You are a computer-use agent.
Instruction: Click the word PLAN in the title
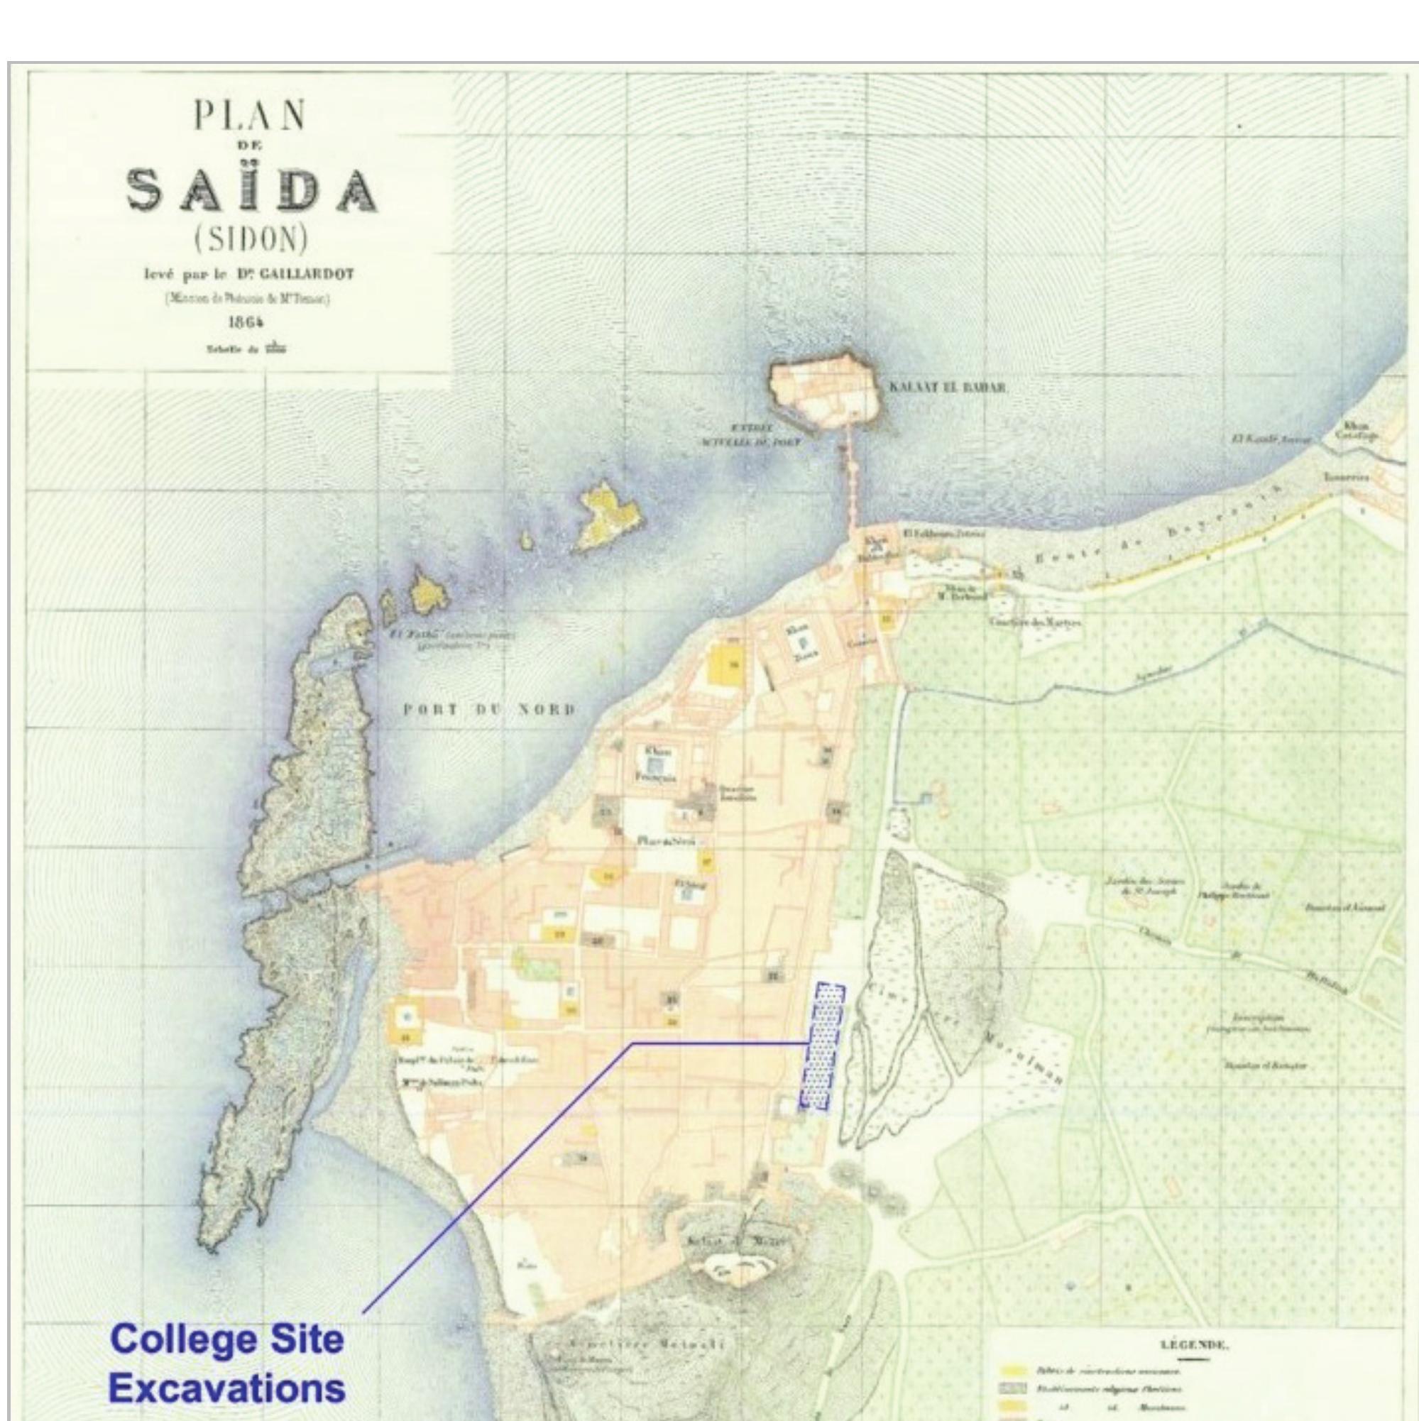249,116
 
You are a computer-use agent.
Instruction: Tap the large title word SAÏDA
252,189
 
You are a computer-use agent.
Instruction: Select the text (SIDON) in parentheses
250,239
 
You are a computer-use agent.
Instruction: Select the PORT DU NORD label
489,710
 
